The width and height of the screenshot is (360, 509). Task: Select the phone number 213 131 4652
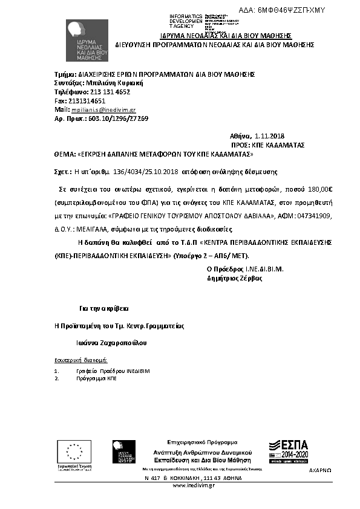click(110, 92)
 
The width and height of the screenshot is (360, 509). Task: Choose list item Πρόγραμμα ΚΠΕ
click(97, 378)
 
